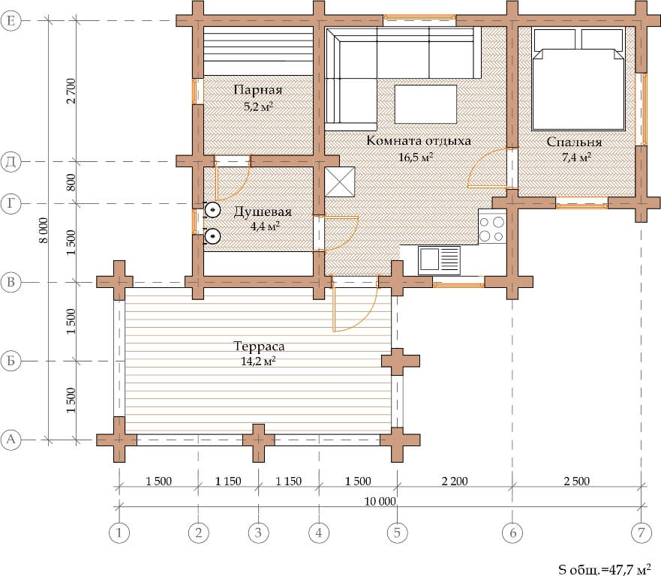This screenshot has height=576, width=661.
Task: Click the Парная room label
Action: [257, 90]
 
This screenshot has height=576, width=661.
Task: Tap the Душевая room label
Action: [263, 211]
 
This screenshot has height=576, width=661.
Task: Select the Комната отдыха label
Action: [418, 140]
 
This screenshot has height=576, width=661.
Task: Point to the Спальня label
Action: [574, 142]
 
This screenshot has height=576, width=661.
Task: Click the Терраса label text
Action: [259, 346]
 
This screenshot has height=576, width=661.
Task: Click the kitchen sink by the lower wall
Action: [439, 260]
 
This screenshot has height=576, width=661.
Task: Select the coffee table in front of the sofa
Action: [425, 104]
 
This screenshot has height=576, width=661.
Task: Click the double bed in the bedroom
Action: [578, 79]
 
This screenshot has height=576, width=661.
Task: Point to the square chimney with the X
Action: [340, 182]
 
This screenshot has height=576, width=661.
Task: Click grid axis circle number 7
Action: [641, 532]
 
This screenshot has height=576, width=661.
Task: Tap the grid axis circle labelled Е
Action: [11, 21]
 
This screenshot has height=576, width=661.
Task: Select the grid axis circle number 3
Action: [258, 532]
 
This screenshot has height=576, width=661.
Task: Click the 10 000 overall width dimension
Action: [380, 502]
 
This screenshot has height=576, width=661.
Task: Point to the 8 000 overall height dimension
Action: [44, 230]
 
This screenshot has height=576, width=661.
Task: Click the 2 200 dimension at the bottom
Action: [455, 481]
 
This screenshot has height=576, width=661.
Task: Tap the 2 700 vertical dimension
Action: [71, 91]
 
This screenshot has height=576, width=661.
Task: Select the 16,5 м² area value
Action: [416, 157]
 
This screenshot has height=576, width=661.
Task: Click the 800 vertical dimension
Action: [71, 182]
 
